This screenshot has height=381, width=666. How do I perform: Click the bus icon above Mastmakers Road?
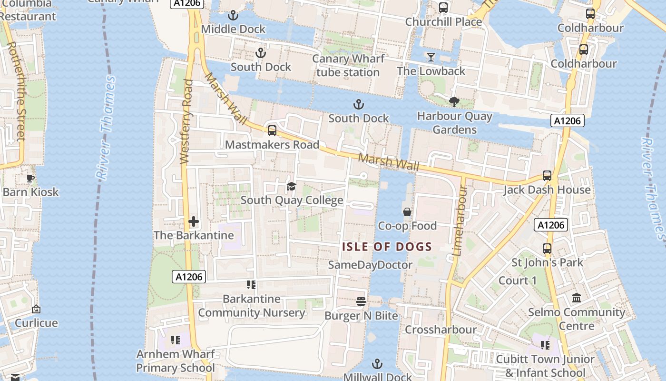(x=272, y=130)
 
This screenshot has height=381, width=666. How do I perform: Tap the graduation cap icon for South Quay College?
(x=291, y=186)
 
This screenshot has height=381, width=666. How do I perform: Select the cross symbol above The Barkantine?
(x=194, y=221)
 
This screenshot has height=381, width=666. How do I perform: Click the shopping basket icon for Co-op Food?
(x=407, y=212)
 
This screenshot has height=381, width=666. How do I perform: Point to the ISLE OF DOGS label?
(x=387, y=247)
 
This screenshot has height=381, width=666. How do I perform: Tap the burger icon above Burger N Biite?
(x=361, y=301)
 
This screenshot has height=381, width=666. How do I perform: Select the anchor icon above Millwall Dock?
(x=377, y=364)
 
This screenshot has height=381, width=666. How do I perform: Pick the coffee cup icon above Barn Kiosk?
(x=30, y=179)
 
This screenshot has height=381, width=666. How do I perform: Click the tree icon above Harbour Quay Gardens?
(x=454, y=101)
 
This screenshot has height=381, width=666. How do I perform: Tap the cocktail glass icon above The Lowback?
(x=431, y=57)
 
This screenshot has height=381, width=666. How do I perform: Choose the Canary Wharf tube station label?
(x=348, y=66)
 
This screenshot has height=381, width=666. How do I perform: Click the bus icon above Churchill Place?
(x=443, y=8)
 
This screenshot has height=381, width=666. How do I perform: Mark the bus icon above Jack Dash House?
(x=547, y=176)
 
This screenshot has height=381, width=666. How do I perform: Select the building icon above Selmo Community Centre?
(x=577, y=298)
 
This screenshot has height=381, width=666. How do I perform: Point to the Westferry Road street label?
(x=186, y=122)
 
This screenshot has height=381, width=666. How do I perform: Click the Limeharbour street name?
(x=460, y=221)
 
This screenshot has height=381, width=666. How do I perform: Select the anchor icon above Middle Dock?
(x=233, y=15)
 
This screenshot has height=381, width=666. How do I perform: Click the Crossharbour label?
(x=441, y=330)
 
